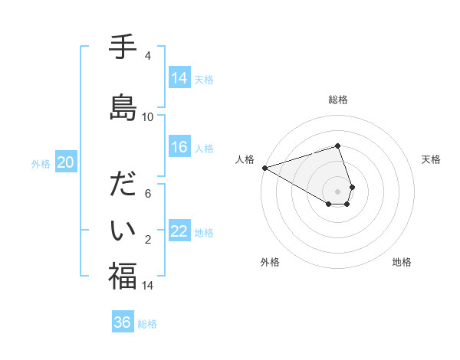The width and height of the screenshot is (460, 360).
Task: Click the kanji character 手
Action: tap(123, 47)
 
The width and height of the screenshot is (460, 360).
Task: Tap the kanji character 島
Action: tap(123, 107)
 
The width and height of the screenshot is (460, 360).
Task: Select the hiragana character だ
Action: tap(123, 185)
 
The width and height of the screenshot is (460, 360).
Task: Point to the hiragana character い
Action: tap(123, 230)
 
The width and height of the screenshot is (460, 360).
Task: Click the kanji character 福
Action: tap(123, 276)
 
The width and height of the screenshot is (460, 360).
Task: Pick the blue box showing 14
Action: tap(179, 78)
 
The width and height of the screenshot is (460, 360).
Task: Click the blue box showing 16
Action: tap(179, 148)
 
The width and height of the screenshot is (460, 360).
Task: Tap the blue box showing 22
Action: tap(179, 232)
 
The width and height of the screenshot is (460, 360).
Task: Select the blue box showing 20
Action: tap(65, 162)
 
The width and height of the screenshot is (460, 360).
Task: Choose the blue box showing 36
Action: tap(123, 322)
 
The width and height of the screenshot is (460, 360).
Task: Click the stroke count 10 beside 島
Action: tap(147, 117)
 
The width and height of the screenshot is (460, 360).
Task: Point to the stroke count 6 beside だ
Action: tap(147, 194)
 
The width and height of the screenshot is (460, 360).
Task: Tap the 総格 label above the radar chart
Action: tap(337, 100)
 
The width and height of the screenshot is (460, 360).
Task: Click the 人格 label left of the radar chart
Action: tap(245, 159)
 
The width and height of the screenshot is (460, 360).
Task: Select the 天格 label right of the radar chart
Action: tap(432, 159)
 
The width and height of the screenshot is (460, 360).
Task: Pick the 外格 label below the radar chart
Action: tap(270, 262)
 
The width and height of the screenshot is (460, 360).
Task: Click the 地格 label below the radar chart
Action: tap(402, 262)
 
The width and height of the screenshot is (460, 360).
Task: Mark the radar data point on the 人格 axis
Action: tap(264, 168)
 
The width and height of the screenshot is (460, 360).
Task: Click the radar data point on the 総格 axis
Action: tap(337, 146)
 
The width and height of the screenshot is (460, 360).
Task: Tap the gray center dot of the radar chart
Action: tap(337, 191)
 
